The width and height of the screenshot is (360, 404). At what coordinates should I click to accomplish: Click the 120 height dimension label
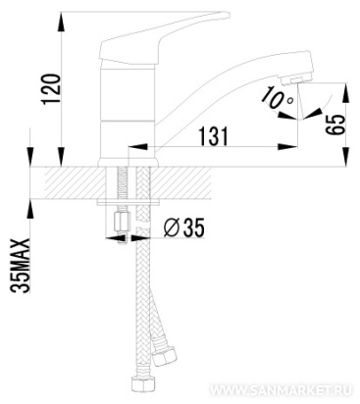click(x=51, y=89)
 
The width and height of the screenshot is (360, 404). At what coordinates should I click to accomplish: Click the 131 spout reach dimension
click(x=214, y=136)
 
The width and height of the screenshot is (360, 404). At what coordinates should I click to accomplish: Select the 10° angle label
click(x=278, y=97)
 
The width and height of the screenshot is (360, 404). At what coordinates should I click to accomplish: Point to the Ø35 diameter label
click(x=183, y=227)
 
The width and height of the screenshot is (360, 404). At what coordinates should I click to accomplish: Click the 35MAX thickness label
click(x=21, y=265)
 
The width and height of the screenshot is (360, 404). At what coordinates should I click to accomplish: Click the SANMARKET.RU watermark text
click(x=281, y=390)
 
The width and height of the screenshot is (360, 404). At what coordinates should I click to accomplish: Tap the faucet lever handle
click(x=157, y=37)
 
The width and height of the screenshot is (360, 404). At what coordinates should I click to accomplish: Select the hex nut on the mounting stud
click(x=122, y=222)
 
